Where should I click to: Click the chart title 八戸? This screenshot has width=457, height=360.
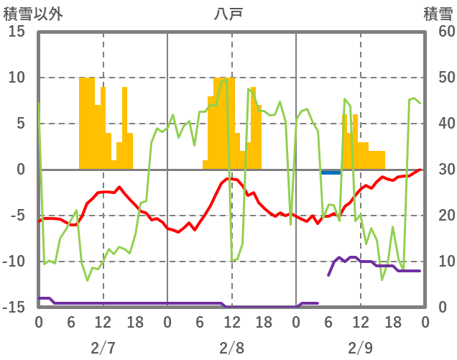pyautogui.click(x=229, y=13)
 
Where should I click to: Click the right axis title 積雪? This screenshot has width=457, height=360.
pyautogui.click(x=437, y=13)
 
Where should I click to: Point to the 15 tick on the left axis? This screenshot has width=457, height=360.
pyautogui.click(x=17, y=32)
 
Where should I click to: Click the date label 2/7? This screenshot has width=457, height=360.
pyautogui.click(x=103, y=349)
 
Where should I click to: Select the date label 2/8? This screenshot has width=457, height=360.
pyautogui.click(x=231, y=349)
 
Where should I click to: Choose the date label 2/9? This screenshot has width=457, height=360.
pyautogui.click(x=361, y=349)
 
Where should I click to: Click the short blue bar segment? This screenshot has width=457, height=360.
pyautogui.click(x=331, y=172)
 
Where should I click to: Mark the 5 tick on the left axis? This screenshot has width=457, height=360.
pyautogui.click(x=21, y=124)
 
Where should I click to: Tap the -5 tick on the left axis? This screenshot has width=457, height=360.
pyautogui.click(x=17, y=216)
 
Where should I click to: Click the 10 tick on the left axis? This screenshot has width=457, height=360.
pyautogui.click(x=17, y=78)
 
